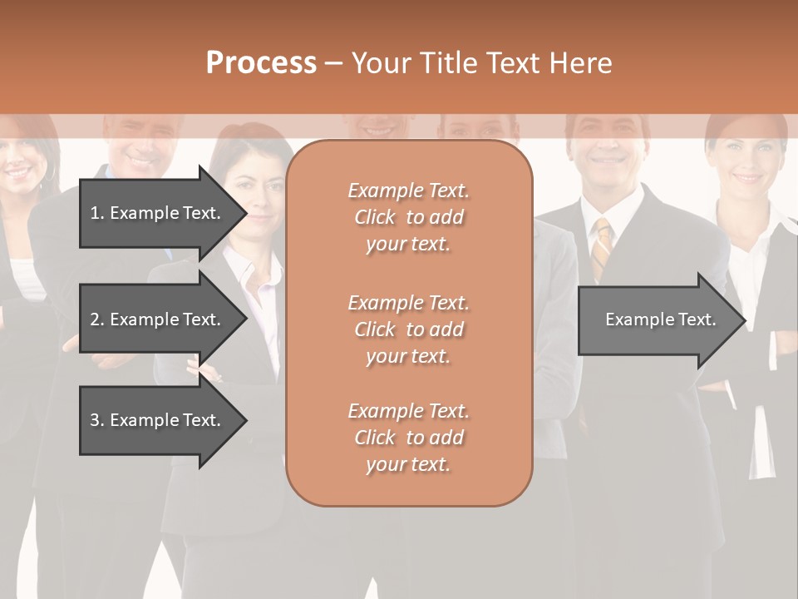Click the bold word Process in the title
tap(261, 63)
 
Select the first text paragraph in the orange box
tap(408, 217)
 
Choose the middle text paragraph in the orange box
tap(408, 329)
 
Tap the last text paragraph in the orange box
tap(408, 438)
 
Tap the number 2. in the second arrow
tap(96, 319)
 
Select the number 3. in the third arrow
tap(96, 420)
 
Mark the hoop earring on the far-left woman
tap(52, 172)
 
